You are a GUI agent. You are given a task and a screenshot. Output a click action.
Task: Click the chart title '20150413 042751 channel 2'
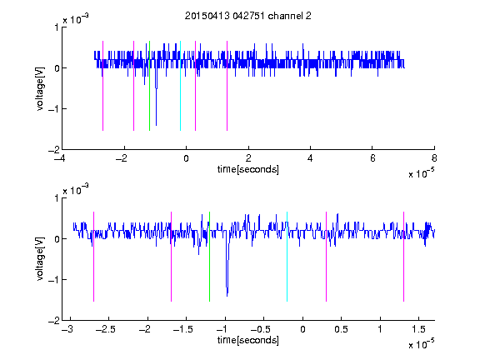(248, 16)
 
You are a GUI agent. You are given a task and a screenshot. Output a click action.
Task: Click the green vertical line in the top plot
(149, 86)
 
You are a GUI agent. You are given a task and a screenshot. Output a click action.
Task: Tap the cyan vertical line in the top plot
(180, 86)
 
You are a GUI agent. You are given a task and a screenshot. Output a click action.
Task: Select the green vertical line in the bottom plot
(209, 257)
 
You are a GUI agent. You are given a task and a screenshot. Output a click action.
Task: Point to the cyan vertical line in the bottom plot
(287, 257)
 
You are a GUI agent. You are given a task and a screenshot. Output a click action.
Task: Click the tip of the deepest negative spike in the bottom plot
(227, 296)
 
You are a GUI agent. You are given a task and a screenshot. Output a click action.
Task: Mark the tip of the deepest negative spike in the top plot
(156, 125)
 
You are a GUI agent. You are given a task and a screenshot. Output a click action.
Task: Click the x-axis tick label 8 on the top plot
(434, 158)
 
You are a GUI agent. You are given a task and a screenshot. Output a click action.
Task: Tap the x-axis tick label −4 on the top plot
(59, 158)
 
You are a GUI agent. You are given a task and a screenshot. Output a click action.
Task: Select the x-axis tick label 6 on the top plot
(372, 158)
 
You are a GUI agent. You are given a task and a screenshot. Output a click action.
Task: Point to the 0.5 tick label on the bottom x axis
(341, 329)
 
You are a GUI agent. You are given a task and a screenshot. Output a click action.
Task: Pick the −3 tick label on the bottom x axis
(67, 329)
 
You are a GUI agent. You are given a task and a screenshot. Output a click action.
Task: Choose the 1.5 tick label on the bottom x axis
(418, 329)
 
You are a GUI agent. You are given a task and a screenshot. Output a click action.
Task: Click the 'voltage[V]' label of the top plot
(40, 89)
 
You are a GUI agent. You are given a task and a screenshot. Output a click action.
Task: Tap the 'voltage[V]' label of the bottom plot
(40, 259)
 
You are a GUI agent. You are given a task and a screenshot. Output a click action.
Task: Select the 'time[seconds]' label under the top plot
(248, 169)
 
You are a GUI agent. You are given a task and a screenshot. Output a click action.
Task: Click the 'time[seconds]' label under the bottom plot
(248, 340)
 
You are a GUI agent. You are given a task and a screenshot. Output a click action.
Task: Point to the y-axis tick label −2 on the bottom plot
(54, 321)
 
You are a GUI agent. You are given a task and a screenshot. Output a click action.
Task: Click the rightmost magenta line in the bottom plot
(403, 257)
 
